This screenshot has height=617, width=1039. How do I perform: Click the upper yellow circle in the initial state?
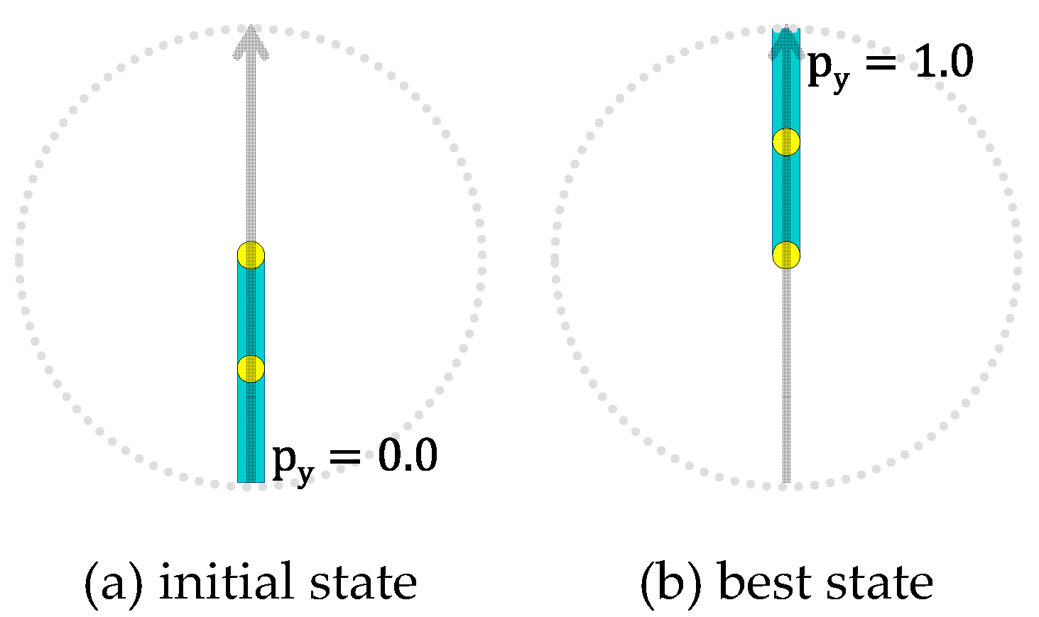point(251,254)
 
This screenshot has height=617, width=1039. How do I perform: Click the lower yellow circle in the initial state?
point(251,368)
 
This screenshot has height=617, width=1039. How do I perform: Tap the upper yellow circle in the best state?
point(786,142)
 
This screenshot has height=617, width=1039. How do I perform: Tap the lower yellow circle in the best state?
point(786,254)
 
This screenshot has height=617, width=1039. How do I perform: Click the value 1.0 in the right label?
point(942,62)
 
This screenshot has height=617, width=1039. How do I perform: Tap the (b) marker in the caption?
point(670,583)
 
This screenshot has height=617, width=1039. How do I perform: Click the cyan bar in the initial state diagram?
point(251,426)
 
